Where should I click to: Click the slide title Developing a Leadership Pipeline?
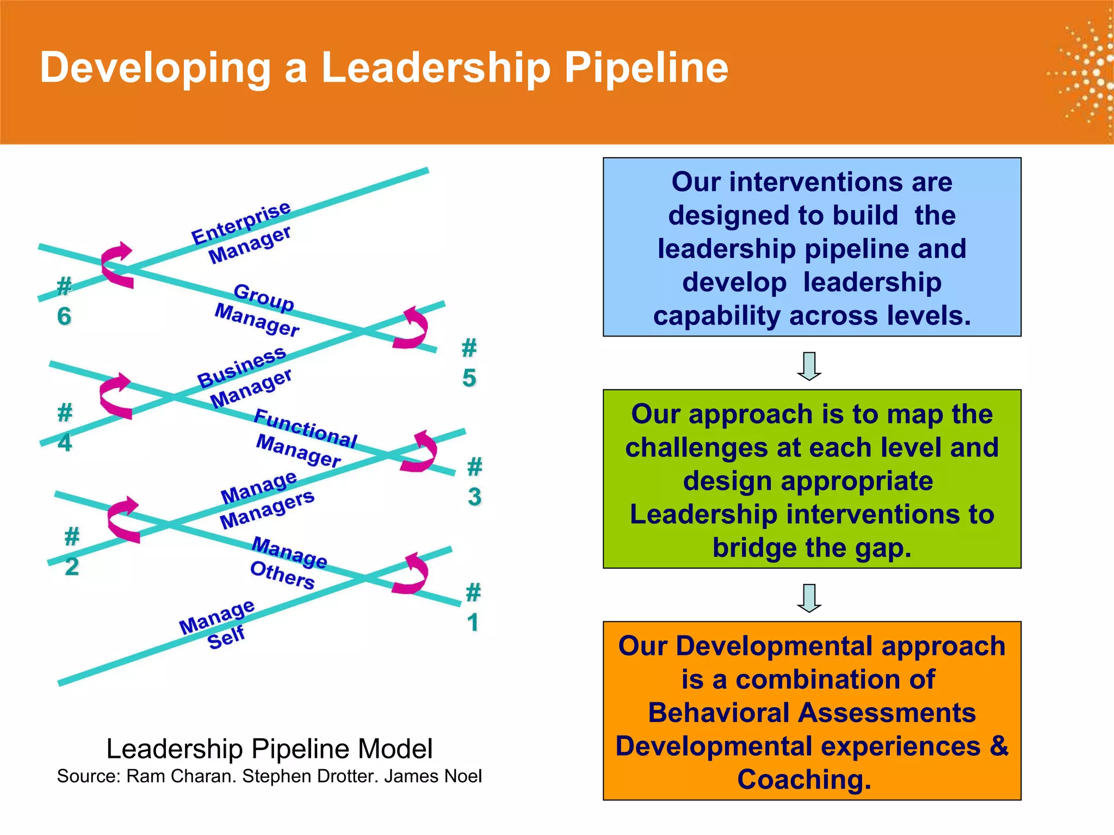[x=383, y=67]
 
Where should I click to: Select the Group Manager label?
[x=258, y=310]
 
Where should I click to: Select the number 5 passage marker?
[x=469, y=363]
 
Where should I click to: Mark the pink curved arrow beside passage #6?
[x=117, y=265]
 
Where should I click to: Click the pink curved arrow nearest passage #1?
[x=411, y=574]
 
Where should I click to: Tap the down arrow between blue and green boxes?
[x=809, y=366]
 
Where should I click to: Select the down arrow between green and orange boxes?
[x=809, y=597]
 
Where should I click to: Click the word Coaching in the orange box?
[x=804, y=779]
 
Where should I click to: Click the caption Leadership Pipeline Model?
[x=269, y=749]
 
